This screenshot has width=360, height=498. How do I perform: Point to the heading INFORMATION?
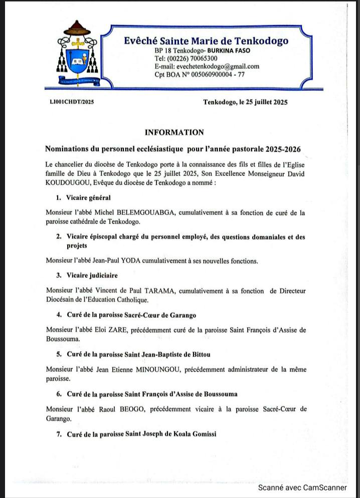[174, 132]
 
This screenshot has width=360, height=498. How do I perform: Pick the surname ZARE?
[127, 330]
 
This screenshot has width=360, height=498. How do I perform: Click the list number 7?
[59, 434]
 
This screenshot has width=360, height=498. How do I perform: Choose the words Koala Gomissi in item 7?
[194, 434]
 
